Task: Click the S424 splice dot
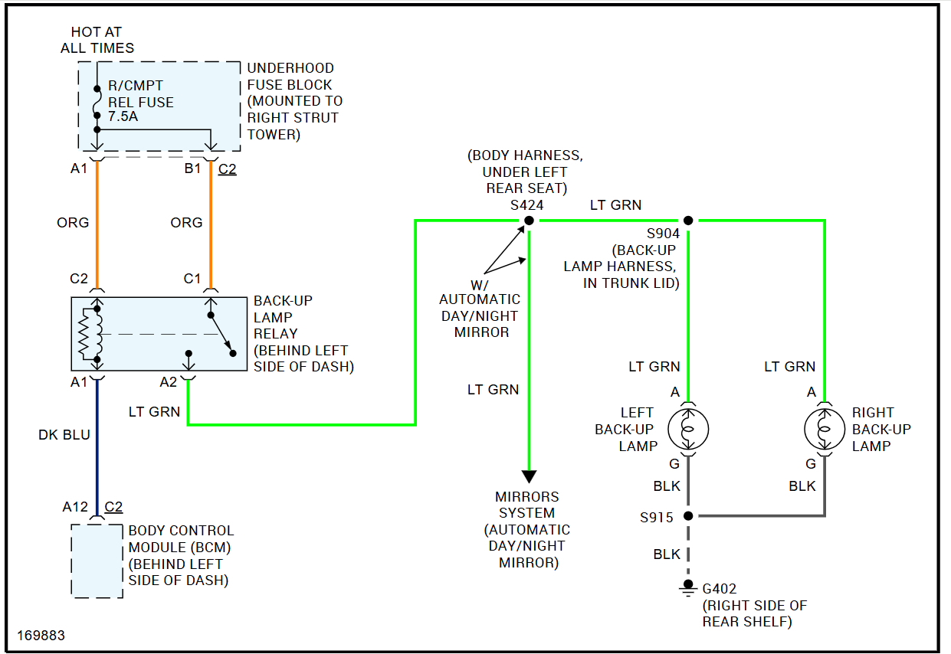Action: tap(529, 221)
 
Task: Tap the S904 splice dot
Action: tap(688, 221)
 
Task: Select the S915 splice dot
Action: tap(688, 515)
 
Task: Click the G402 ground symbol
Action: tap(688, 588)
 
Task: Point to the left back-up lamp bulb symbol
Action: tap(688, 429)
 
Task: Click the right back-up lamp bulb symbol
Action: tap(825, 429)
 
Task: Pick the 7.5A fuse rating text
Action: tap(123, 116)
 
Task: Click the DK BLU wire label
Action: tap(64, 434)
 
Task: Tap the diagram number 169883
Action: tap(41, 636)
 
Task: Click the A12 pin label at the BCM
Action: tap(75, 507)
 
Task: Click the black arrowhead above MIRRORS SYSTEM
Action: tap(529, 476)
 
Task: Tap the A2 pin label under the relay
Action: tap(168, 382)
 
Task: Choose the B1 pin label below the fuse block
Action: tap(192, 168)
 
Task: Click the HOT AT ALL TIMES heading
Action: tap(97, 40)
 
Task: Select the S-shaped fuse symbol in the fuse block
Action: tap(97, 102)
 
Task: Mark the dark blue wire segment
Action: tap(97, 448)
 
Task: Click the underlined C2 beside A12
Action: tap(113, 507)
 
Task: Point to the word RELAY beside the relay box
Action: tap(276, 334)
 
